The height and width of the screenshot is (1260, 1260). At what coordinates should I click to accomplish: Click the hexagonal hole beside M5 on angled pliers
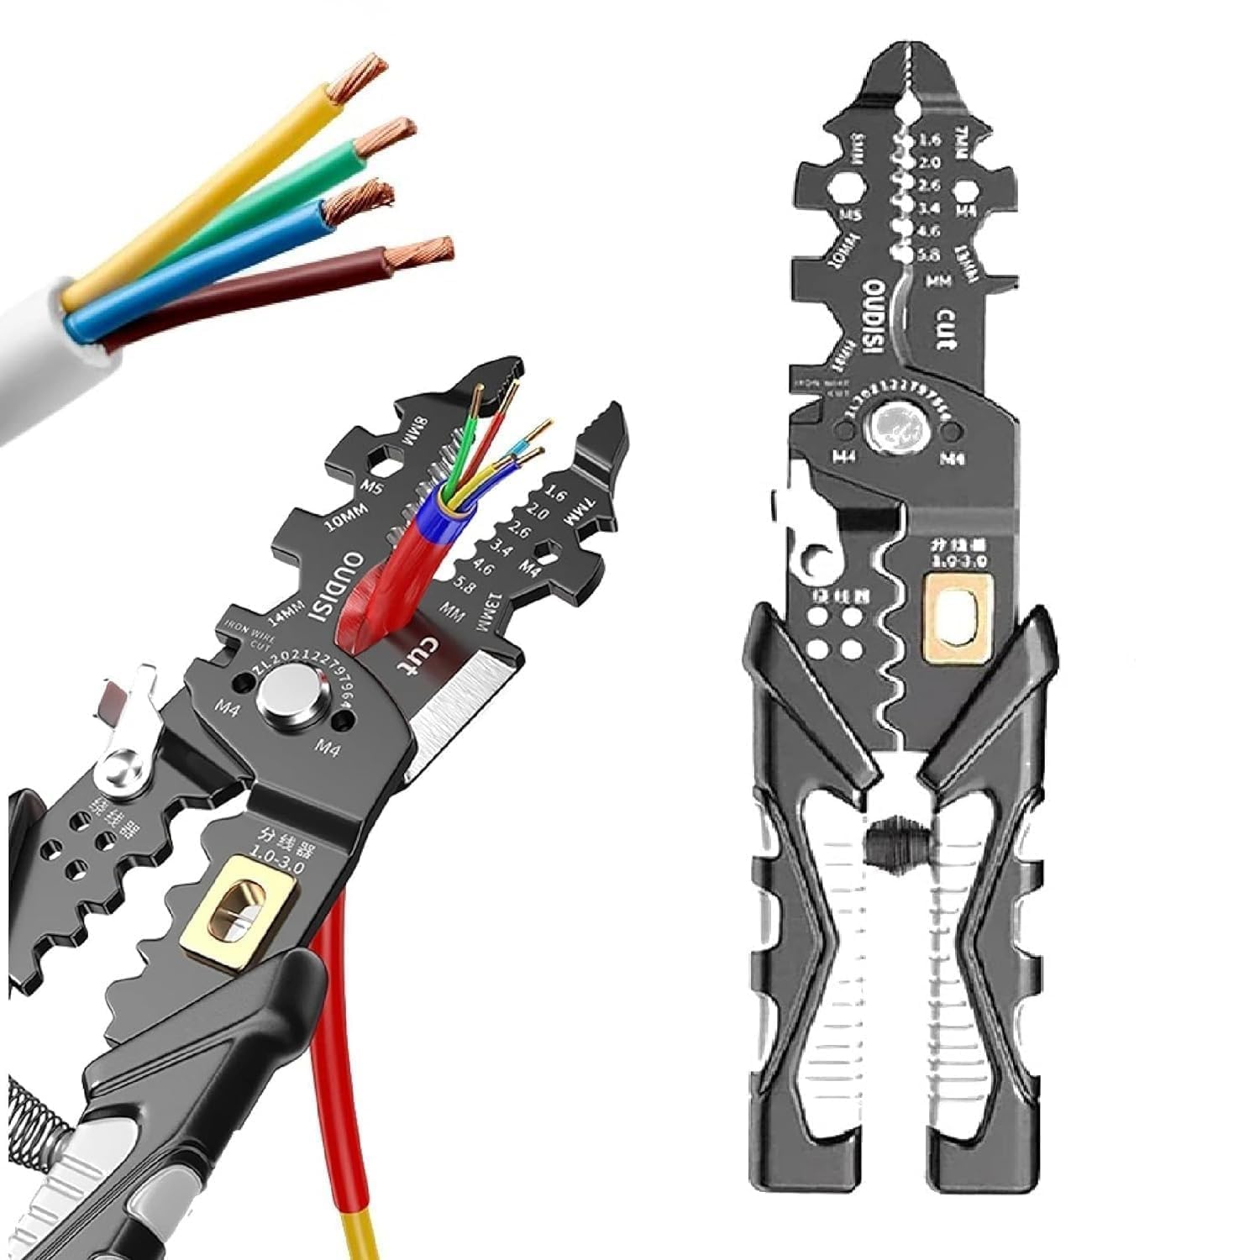click(383, 459)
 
